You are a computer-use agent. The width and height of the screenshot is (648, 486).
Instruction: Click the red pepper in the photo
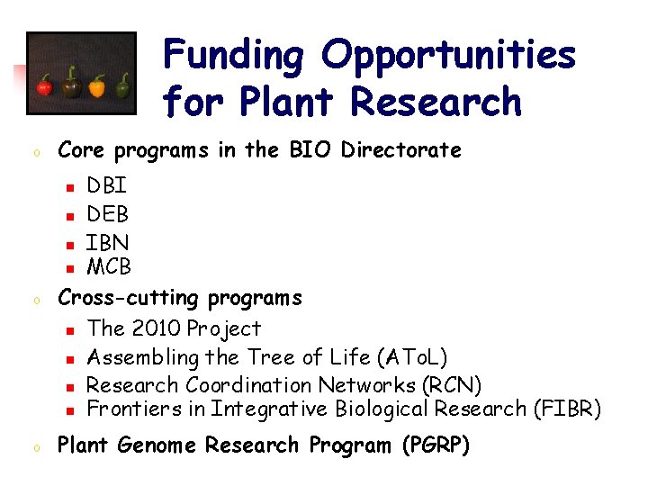pyautogui.click(x=43, y=87)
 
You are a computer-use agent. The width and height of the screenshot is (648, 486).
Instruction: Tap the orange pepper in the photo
pyautogui.click(x=96, y=87)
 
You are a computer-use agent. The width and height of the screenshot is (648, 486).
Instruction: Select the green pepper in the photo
pyautogui.click(x=122, y=85)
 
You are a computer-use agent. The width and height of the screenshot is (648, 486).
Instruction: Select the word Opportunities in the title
pyautogui.click(x=449, y=55)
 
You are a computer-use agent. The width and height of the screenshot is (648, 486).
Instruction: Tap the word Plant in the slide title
pyautogui.click(x=289, y=101)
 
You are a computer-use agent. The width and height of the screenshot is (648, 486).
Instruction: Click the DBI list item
pyautogui.click(x=106, y=186)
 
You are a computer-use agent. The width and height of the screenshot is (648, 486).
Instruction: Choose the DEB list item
pyautogui.click(x=107, y=214)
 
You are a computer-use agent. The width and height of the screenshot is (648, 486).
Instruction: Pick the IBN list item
pyautogui.click(x=107, y=242)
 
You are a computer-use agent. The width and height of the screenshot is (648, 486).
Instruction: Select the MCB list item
pyautogui.click(x=109, y=266)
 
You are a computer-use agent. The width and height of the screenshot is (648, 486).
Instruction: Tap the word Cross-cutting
pyautogui.click(x=129, y=297)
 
